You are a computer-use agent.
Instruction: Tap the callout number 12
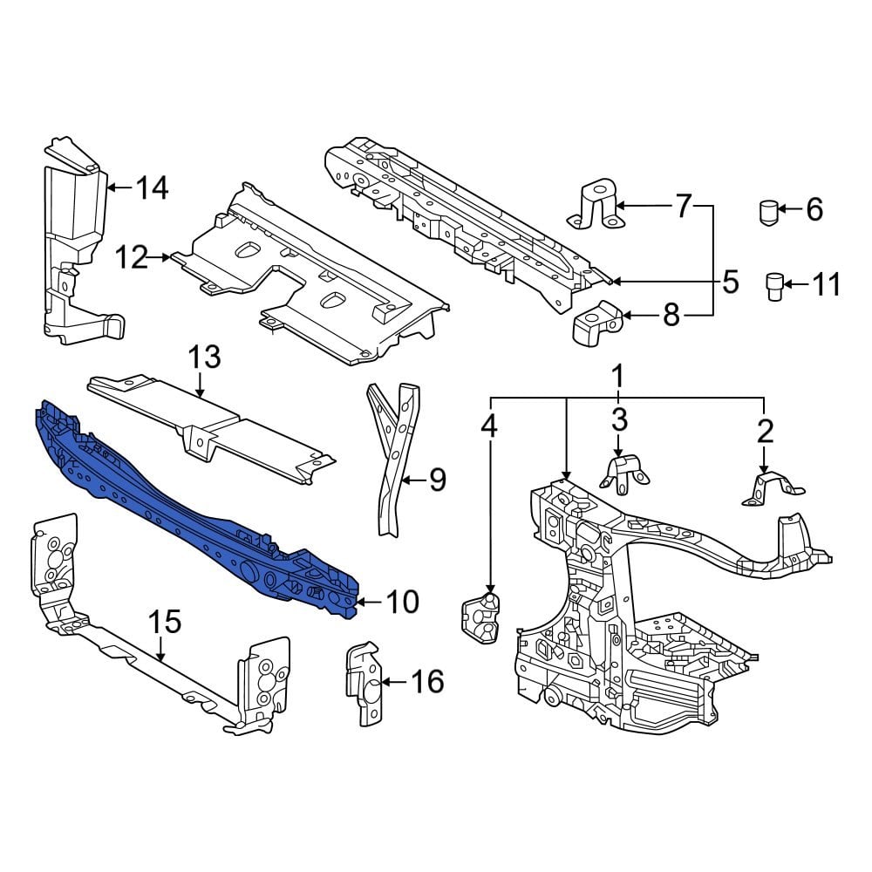[x=133, y=257]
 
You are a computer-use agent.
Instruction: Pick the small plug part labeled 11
[x=773, y=285]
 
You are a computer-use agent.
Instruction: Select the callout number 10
[x=402, y=602]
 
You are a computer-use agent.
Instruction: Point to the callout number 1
[x=618, y=378]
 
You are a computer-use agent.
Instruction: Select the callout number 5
[x=730, y=282]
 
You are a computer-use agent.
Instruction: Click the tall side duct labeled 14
[x=74, y=244]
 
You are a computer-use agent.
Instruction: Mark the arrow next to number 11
[x=797, y=283]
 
